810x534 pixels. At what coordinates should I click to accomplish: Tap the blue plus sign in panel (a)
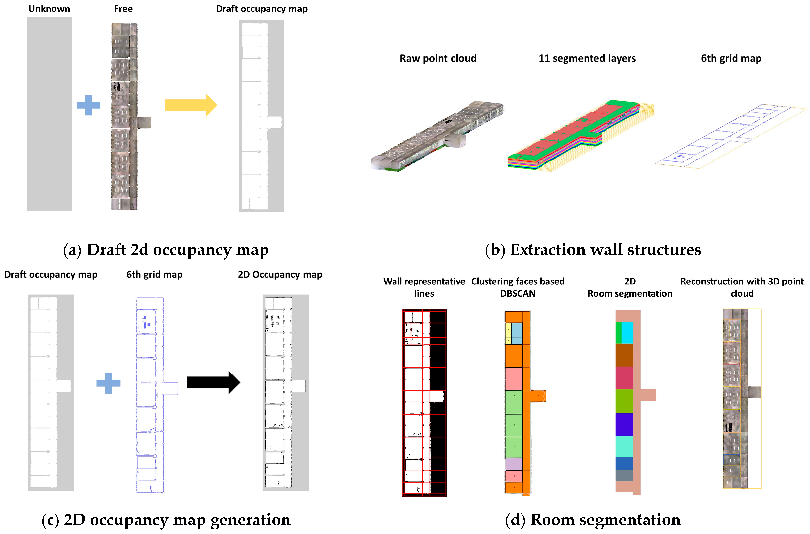coord(89,105)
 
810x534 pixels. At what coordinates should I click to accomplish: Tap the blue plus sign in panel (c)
coord(108,383)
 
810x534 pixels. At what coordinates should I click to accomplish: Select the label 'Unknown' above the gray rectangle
coord(49,9)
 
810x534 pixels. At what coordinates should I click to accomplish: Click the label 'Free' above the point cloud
coord(123,9)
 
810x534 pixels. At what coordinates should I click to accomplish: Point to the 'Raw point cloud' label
coord(438,58)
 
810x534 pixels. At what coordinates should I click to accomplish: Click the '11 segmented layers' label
coord(587,58)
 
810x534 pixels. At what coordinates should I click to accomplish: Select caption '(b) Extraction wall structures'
coord(593,250)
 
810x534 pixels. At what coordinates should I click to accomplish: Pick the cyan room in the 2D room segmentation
coord(627,332)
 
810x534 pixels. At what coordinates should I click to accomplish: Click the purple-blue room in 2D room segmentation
coord(624,424)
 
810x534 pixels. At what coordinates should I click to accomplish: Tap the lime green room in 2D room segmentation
coord(624,401)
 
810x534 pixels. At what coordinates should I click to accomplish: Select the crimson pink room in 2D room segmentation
coord(624,378)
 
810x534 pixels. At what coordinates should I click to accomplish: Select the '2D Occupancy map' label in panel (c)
coord(280,274)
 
